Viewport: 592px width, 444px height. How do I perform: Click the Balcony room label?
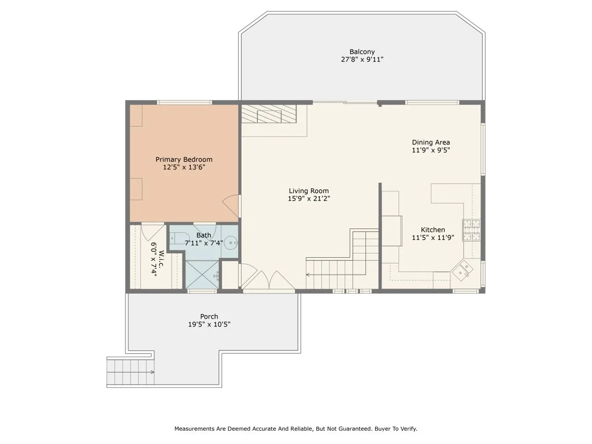[362, 51]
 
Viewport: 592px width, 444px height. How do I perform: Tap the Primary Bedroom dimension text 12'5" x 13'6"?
[184, 167]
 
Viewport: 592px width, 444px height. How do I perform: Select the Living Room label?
[309, 191]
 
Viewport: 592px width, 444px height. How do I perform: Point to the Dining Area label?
[431, 142]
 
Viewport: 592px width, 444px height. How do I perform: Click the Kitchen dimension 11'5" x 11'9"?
[432, 238]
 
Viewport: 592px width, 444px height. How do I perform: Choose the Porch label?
[209, 316]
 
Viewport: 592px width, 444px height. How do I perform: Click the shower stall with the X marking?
[202, 275]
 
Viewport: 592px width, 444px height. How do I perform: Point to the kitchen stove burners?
[472, 230]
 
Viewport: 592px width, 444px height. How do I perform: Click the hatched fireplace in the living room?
[269, 114]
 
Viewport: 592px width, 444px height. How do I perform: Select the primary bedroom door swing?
[231, 206]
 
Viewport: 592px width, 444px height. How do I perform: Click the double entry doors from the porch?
[268, 280]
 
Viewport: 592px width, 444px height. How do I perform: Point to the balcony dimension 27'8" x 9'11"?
[362, 60]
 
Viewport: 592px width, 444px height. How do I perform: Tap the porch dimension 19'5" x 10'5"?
[209, 324]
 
